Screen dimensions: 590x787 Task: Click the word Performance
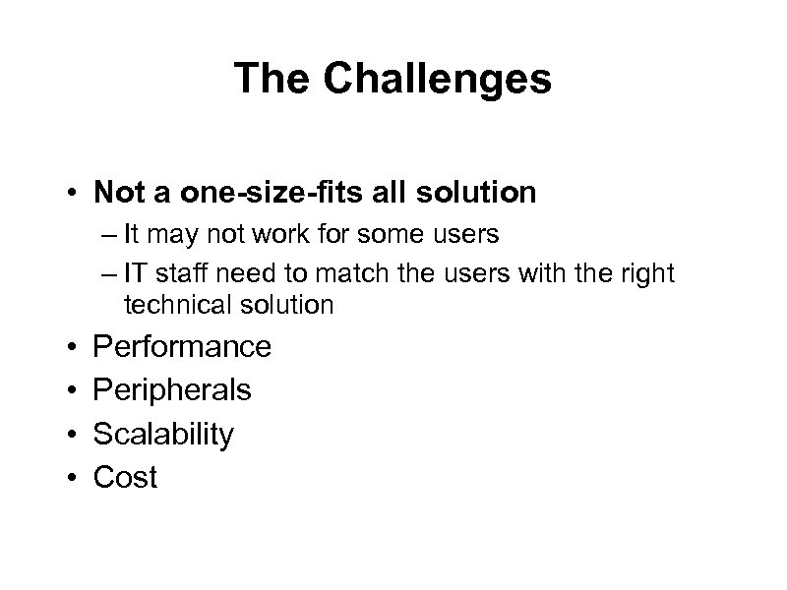click(x=182, y=346)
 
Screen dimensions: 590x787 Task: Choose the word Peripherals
click(x=172, y=390)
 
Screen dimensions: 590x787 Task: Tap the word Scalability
click(x=163, y=435)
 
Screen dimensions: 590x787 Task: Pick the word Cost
click(x=125, y=478)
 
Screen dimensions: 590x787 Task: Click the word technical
click(x=172, y=305)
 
